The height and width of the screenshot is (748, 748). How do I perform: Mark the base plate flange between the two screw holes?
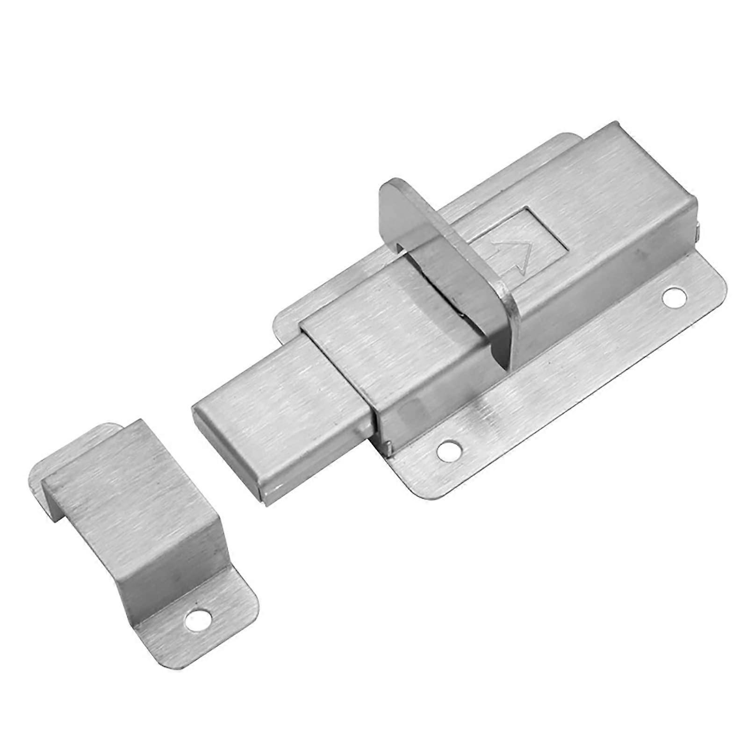click(x=561, y=374)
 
